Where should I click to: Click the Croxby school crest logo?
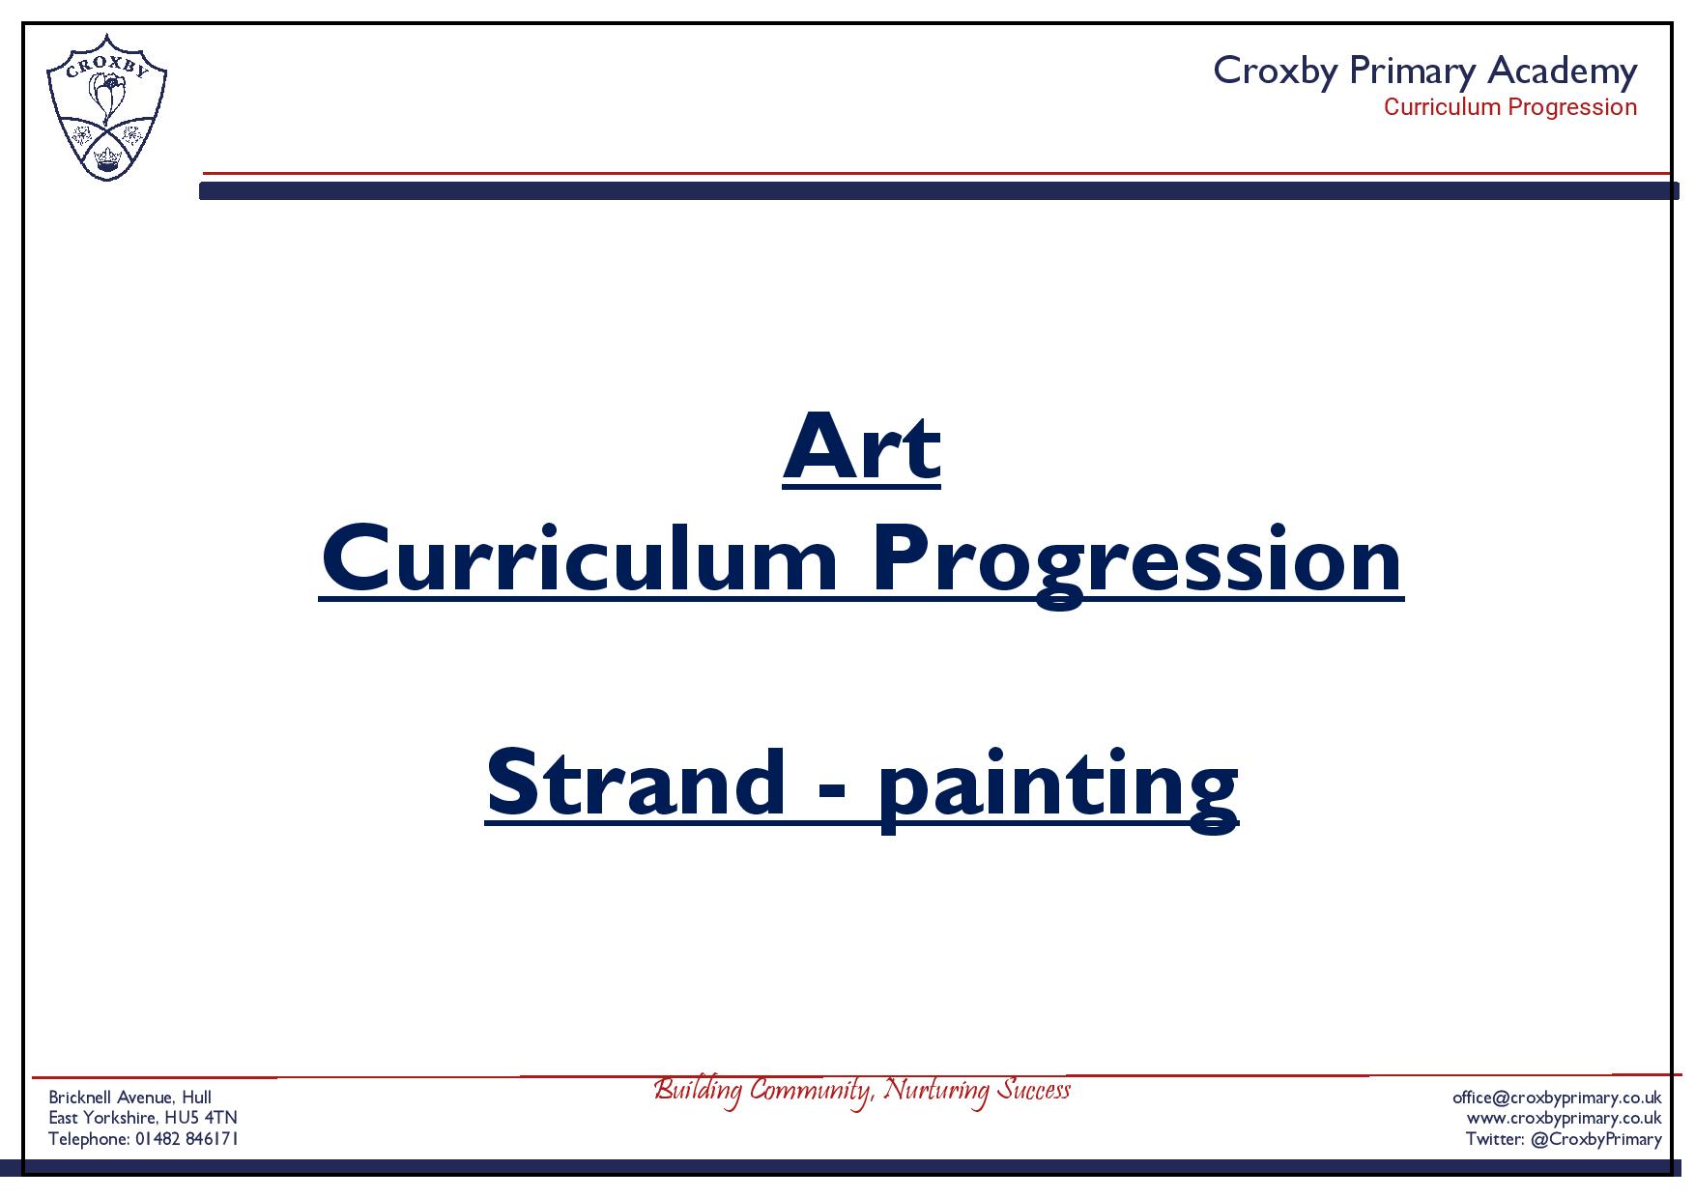click(106, 107)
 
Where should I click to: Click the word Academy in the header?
click(1562, 71)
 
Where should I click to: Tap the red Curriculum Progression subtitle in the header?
click(1510, 107)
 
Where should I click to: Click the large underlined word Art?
click(861, 447)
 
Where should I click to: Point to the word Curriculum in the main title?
click(580, 560)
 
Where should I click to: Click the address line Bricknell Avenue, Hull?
click(130, 1098)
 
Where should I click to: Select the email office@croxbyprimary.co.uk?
click(1557, 1098)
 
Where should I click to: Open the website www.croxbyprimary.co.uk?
click(1564, 1119)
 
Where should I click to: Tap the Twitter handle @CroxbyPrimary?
click(1596, 1140)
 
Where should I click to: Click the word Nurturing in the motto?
click(938, 1092)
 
